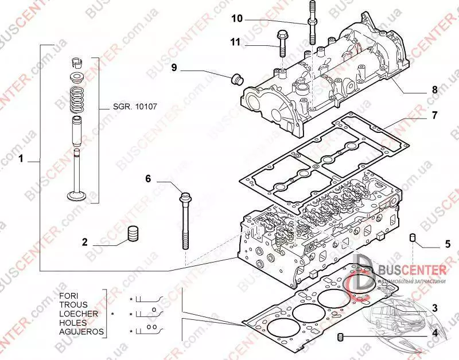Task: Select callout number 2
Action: [x=84, y=242]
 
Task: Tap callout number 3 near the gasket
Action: [x=434, y=308]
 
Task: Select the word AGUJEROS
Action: [x=81, y=332]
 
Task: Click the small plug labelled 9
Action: [x=235, y=79]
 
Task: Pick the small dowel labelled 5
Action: [x=411, y=238]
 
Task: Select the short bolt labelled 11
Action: [x=282, y=41]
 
